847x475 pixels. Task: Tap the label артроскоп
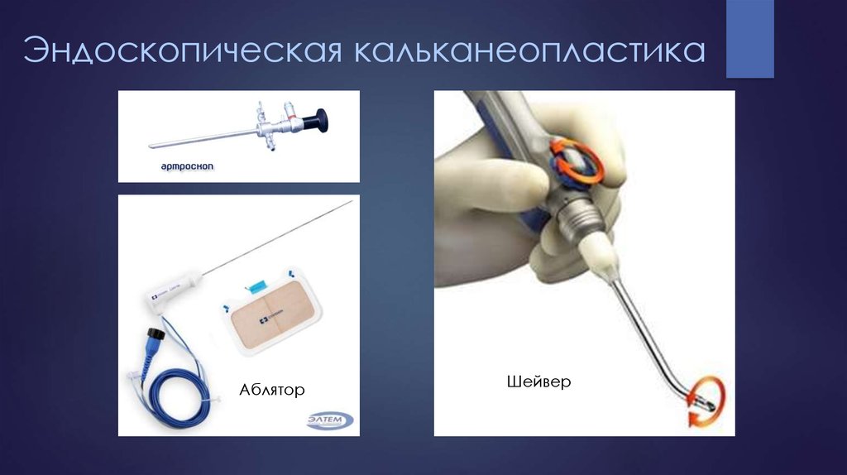click(x=188, y=166)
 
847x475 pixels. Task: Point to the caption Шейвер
click(x=537, y=382)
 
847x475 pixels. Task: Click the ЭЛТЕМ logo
click(x=329, y=419)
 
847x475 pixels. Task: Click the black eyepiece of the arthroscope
click(x=315, y=123)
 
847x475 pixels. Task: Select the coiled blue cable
click(x=165, y=389)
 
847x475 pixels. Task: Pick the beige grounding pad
click(x=266, y=322)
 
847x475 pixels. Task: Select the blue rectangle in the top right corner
click(x=750, y=39)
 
